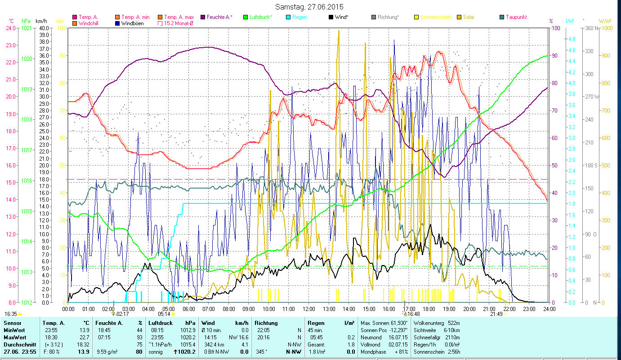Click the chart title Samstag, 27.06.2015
310,7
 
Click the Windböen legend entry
132,23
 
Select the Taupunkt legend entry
516,17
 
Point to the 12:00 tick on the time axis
309,309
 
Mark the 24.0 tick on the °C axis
10,28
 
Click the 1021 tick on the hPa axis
27,28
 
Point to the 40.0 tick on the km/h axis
44,28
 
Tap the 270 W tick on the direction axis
590,97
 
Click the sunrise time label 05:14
164,314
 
